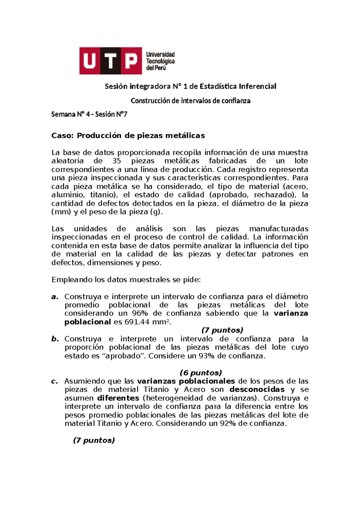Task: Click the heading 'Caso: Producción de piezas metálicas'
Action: point(128,136)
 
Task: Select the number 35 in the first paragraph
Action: point(116,161)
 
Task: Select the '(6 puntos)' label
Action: point(201,373)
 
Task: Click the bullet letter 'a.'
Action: point(55,297)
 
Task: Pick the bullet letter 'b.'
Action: point(55,339)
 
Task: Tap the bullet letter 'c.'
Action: point(55,381)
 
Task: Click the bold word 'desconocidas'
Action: point(257,390)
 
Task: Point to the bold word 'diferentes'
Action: point(118,398)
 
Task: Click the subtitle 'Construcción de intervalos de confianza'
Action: point(190,101)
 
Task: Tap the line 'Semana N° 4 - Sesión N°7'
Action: point(89,114)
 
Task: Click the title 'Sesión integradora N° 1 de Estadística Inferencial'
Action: point(190,86)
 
